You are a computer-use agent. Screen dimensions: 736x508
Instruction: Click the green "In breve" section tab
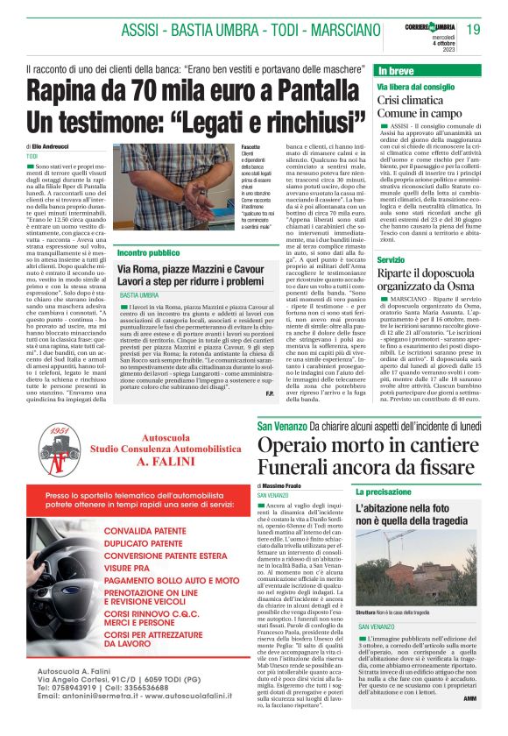pyautogui.click(x=396, y=69)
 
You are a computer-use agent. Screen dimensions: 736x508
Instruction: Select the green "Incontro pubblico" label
pyautogui.click(x=148, y=252)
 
